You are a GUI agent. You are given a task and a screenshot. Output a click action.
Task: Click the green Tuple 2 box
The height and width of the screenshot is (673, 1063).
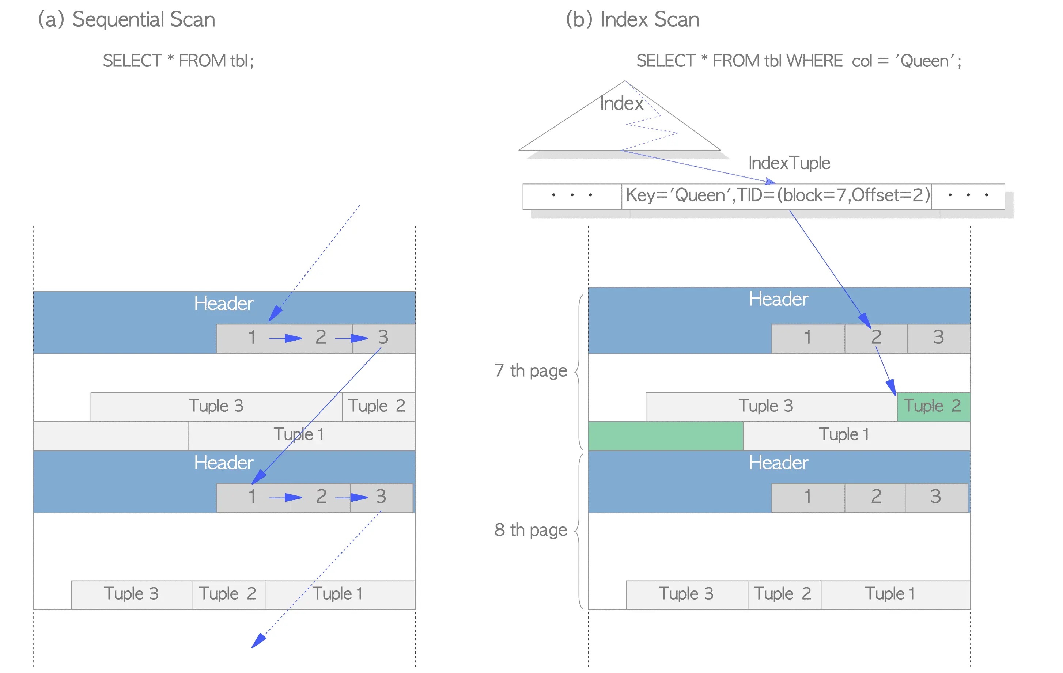(934, 406)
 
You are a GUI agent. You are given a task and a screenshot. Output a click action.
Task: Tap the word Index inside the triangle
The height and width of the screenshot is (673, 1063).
(621, 104)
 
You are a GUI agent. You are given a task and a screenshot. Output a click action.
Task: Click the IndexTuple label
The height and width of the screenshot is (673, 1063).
(789, 163)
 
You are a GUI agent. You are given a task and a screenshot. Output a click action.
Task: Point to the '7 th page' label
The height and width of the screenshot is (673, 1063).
(531, 371)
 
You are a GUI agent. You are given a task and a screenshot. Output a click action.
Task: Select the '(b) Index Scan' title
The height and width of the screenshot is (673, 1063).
(633, 20)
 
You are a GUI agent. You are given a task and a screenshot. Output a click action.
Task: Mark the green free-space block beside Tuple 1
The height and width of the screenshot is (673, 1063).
(666, 436)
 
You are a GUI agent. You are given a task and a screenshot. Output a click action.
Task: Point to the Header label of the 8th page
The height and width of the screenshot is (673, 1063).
(779, 463)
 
